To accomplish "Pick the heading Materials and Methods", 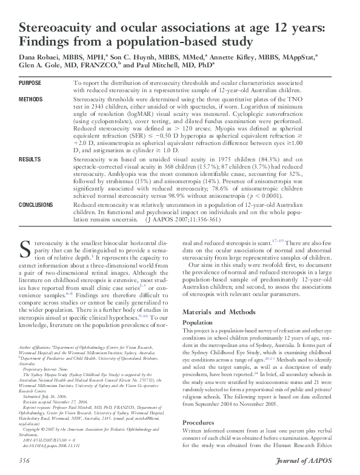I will tap(219, 311).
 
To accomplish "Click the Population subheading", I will tap(198, 323).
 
